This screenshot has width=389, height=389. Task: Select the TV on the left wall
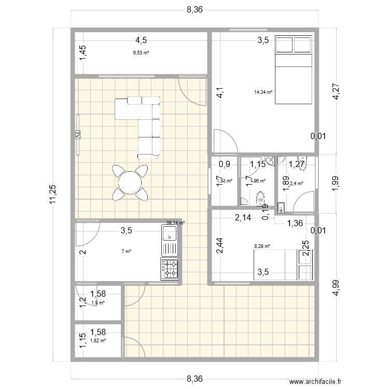point(78,135)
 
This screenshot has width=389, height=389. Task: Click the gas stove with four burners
point(170,268)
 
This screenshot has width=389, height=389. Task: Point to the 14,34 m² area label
point(263,92)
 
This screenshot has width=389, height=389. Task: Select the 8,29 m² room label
point(262,247)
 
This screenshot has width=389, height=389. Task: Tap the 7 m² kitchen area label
point(126,252)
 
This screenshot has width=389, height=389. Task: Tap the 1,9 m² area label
point(98,303)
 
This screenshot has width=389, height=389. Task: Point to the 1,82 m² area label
point(98,340)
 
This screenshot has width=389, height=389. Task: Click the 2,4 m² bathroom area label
point(296,183)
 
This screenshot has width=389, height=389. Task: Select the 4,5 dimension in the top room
point(141,40)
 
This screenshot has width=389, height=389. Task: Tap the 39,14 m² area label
point(175,223)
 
